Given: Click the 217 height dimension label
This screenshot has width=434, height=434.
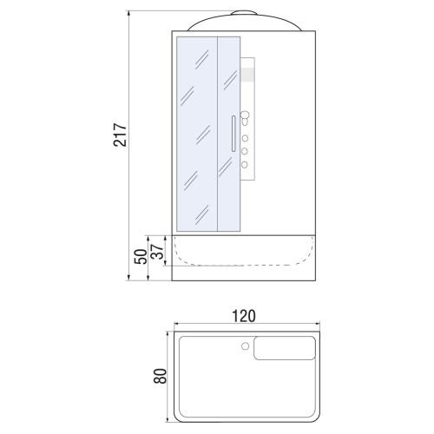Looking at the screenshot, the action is coord(120,135).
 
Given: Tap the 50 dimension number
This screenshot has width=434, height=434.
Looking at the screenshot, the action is coord(141,256).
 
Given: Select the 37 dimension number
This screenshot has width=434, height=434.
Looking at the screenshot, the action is coord(158,252).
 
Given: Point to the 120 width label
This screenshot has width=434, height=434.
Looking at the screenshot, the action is coord(244,316).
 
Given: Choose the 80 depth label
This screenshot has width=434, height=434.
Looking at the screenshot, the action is coord(160,376).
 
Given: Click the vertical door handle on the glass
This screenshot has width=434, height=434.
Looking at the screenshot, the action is coord(233,134).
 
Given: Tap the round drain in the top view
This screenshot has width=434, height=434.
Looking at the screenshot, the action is coord(245,346).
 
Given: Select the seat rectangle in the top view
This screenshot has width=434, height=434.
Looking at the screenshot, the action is coord(285,348).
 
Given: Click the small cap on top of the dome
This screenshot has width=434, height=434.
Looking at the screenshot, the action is coord(244,13).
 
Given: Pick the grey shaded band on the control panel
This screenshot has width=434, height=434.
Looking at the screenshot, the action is coord(247,75).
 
